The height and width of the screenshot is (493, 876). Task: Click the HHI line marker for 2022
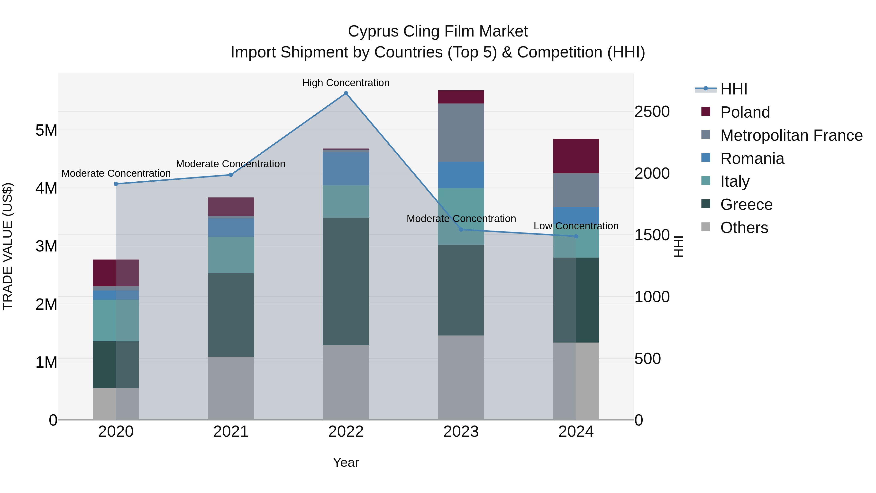click(346, 93)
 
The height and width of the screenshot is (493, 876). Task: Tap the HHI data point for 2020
click(116, 184)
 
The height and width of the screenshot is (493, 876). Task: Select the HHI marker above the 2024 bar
click(576, 236)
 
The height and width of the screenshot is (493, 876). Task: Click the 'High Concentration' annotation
click(346, 83)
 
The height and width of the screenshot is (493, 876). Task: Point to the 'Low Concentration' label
click(576, 226)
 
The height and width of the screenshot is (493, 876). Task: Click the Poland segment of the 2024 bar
click(576, 156)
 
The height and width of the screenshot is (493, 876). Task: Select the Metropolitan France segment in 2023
click(461, 133)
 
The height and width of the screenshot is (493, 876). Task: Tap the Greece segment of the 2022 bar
click(346, 281)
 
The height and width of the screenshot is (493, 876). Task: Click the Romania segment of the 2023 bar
click(461, 175)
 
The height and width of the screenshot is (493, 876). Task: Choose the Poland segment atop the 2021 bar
click(231, 206)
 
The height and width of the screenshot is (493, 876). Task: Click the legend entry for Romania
click(752, 158)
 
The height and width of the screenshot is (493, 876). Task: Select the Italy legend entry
click(735, 181)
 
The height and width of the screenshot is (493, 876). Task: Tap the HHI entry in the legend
click(733, 89)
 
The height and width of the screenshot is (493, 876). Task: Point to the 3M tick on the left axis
click(46, 246)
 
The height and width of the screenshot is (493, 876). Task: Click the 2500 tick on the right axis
click(652, 112)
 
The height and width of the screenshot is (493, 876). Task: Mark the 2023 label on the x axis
click(461, 432)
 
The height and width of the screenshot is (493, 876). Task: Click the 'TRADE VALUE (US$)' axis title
click(8, 246)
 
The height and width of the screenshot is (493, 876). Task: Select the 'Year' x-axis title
click(346, 462)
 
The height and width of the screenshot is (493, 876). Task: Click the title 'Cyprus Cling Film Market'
click(438, 31)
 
